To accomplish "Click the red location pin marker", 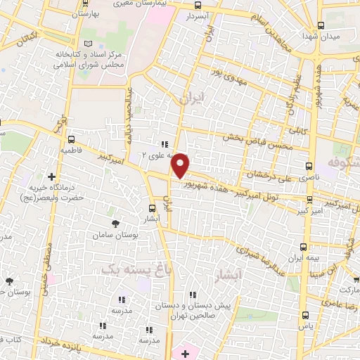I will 181,165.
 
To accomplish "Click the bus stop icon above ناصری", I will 309,167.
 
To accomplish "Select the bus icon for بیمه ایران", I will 304,247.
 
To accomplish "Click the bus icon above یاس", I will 304,315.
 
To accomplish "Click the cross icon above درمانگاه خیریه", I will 51,176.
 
